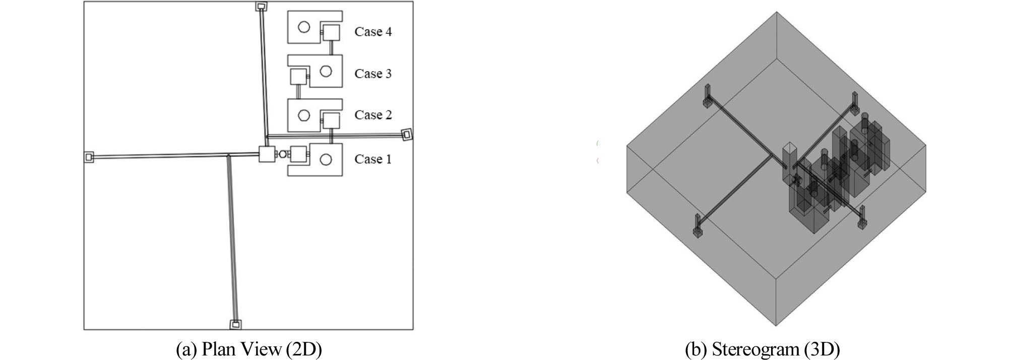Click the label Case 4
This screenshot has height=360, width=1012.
(373, 32)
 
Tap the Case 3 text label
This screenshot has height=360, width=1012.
(373, 74)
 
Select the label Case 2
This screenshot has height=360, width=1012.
(373, 115)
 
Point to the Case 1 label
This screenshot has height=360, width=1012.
(373, 159)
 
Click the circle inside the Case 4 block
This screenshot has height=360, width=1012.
(304, 27)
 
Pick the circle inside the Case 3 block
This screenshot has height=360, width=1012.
(326, 71)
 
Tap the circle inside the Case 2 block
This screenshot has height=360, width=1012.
(304, 115)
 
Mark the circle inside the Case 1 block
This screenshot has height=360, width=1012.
(326, 160)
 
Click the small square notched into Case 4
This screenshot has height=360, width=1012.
(331, 33)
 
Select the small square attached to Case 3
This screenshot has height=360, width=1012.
(299, 77)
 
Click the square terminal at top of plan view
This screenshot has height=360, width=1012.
(261, 6)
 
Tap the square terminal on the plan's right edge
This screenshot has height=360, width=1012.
(407, 134)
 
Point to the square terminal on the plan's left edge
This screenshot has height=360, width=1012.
(89, 157)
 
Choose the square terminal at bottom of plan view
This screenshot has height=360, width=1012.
(235, 325)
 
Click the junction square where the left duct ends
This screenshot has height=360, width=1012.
(267, 154)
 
